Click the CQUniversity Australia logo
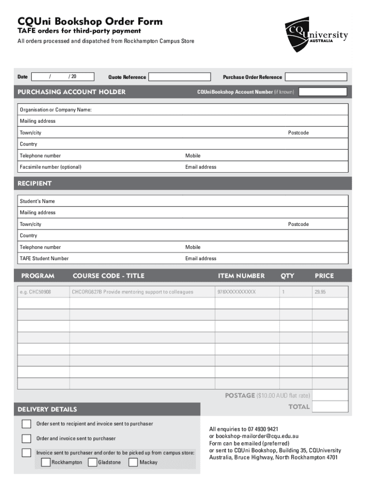click(x=316, y=36)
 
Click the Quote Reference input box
click(x=179, y=77)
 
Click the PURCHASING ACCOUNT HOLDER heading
click(x=72, y=92)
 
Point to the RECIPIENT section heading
click(x=35, y=184)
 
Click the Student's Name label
click(x=37, y=201)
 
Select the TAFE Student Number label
click(x=44, y=258)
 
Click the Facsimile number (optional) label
click(x=50, y=167)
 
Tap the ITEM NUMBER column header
click(x=241, y=276)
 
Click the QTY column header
click(x=287, y=276)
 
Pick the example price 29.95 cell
click(x=320, y=292)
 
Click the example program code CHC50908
click(x=35, y=292)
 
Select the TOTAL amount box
click(x=330, y=407)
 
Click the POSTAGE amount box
click(x=330, y=395)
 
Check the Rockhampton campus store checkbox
click(x=46, y=462)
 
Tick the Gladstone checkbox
click(x=93, y=462)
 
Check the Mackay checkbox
click(x=133, y=462)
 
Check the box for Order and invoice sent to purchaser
click(x=27, y=438)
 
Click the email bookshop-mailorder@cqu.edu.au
click(x=250, y=436)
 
